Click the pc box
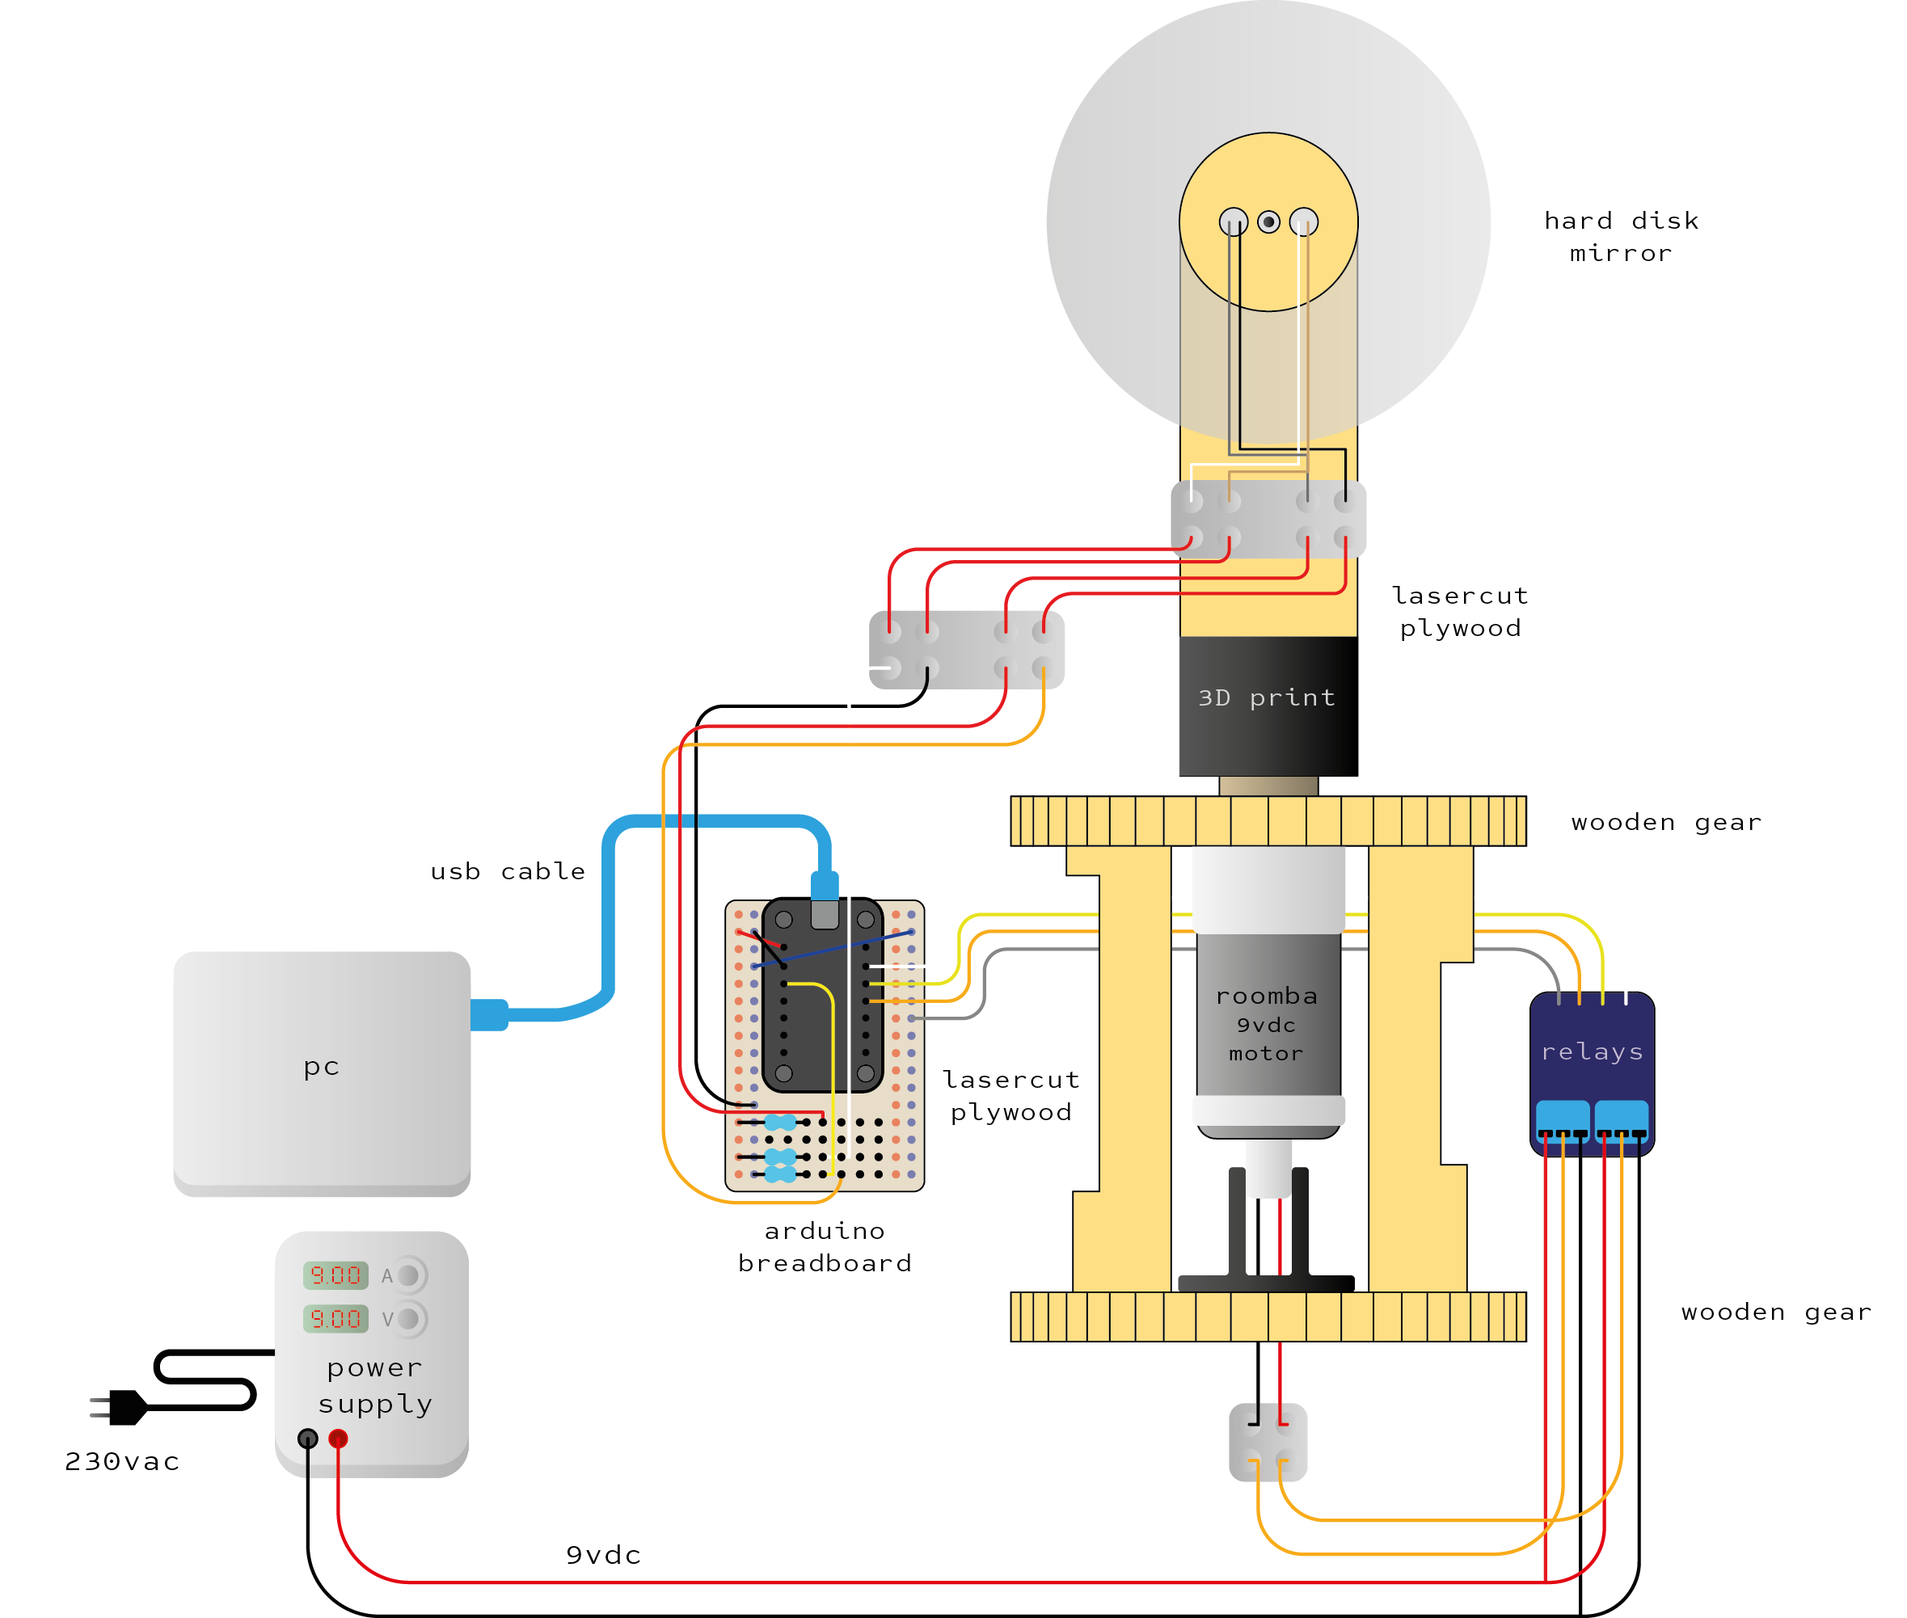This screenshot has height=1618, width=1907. click(x=321, y=1068)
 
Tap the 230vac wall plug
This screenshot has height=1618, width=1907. click(x=124, y=1406)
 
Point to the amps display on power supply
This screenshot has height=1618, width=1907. click(x=335, y=1275)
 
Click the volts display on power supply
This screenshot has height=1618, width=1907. click(x=335, y=1318)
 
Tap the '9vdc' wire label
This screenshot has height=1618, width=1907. click(x=602, y=1555)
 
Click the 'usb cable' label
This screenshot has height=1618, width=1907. click(x=507, y=870)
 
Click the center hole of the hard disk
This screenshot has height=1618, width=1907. click(x=1268, y=221)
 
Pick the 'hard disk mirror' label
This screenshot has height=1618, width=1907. click(x=1621, y=237)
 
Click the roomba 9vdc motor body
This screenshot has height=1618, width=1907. click(x=1268, y=1018)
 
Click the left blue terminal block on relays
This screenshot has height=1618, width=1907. click(x=1562, y=1120)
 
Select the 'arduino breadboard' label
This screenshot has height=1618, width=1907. click(x=825, y=1246)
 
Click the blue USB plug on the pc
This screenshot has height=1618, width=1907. click(x=489, y=1014)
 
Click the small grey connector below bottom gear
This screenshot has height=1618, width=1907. click(x=1268, y=1442)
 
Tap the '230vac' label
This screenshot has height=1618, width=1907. click(x=122, y=1461)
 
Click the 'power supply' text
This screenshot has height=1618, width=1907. click(x=375, y=1385)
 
